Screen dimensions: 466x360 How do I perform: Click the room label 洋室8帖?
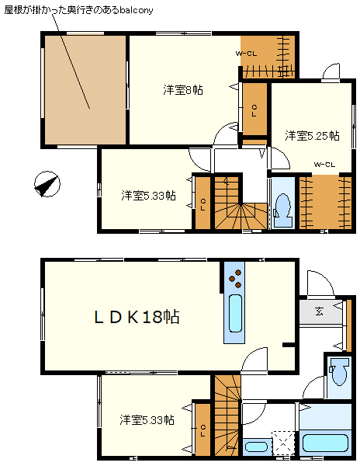pos(183,90)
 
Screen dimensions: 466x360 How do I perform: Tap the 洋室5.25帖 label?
pos(312,136)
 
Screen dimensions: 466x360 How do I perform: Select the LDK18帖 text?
pos(137,317)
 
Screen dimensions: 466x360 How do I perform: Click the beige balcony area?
pos(85,89)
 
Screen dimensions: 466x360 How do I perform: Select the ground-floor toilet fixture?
pos(338,375)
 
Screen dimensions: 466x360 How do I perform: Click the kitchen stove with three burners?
pos(234,275)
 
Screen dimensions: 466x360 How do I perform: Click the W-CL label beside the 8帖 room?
pos(246,54)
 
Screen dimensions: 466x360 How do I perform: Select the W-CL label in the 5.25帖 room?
pos(324,164)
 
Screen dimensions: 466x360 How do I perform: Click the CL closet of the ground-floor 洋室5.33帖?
pos(202,429)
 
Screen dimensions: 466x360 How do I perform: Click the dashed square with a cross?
pos(285,443)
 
